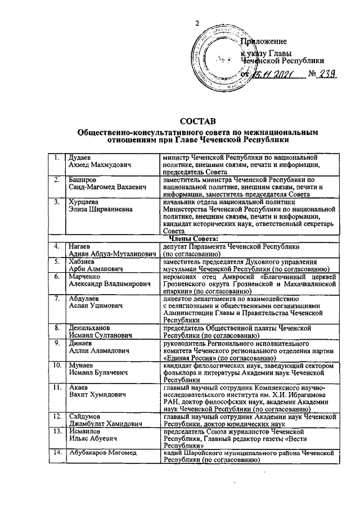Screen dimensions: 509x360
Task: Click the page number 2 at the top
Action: click(197, 22)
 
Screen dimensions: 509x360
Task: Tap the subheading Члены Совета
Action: click(193, 240)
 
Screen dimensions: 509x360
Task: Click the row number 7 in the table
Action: click(57, 298)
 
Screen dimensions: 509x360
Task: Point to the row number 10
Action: click(57, 366)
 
